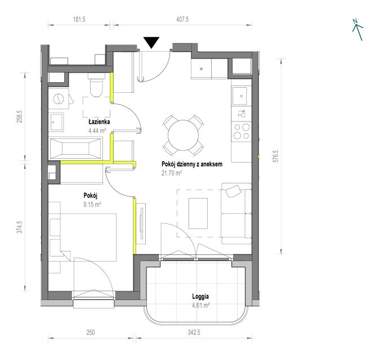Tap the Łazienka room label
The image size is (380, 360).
(99, 121)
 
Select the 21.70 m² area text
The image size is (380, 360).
(172, 173)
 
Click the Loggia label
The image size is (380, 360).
(200, 296)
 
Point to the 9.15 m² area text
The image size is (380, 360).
(92, 204)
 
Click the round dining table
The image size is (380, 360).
(183, 136)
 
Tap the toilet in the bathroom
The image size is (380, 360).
(96, 85)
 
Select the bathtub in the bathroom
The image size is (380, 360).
(75, 148)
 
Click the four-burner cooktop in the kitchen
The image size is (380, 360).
(242, 132)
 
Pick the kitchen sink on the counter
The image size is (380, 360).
(240, 96)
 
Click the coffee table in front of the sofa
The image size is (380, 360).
(198, 213)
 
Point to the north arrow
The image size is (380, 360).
(357, 30)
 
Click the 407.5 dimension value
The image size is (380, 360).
(182, 19)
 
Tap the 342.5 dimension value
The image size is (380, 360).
(194, 332)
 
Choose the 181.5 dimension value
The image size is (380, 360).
(79, 19)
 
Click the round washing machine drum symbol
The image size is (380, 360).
(59, 99)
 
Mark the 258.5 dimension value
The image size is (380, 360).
(19, 116)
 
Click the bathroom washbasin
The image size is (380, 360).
(56, 122)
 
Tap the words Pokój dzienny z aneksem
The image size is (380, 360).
(192, 164)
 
